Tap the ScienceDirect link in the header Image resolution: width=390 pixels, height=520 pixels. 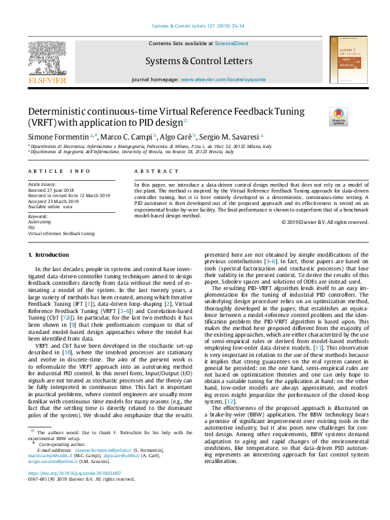231,43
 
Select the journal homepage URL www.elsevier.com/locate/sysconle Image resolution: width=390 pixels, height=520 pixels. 224,79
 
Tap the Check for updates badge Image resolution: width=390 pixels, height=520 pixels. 339,117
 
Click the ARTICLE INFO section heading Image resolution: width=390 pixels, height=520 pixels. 59,171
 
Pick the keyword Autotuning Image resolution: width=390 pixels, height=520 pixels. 39,222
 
